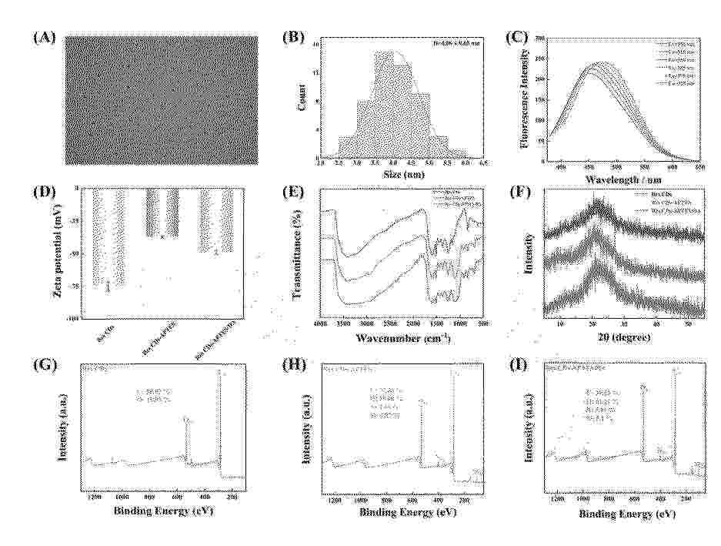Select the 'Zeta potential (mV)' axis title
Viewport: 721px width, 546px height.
click(x=57, y=252)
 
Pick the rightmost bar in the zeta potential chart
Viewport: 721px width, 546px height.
click(x=216, y=220)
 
